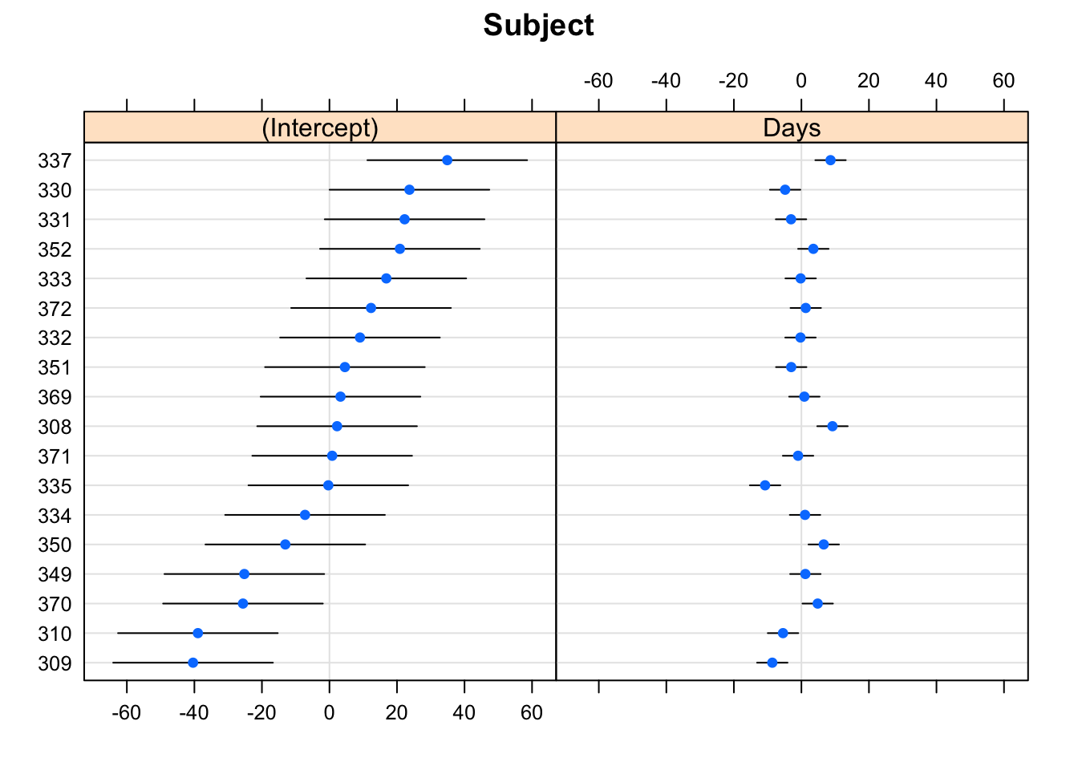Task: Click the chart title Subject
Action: point(538,26)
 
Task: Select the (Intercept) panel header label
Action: point(320,128)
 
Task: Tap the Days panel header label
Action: point(792,128)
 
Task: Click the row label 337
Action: point(55,160)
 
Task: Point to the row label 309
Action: point(55,663)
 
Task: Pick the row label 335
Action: point(55,486)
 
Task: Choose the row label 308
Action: point(55,427)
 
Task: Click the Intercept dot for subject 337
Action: point(447,160)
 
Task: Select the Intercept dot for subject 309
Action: point(192,663)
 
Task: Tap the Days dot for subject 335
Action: point(765,485)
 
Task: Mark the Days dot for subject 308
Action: point(833,426)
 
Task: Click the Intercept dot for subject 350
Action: point(285,545)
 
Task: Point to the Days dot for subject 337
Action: point(830,160)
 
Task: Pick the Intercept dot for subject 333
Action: point(386,278)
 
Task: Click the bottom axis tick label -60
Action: point(126,712)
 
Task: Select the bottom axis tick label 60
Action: point(532,712)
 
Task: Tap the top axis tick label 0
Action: point(800,81)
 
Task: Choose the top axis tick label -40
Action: point(666,81)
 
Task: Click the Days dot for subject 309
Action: point(772,663)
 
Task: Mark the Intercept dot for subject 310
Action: point(197,633)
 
